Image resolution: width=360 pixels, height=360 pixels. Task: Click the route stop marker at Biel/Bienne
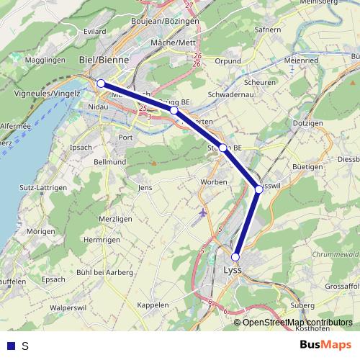pos(102,84)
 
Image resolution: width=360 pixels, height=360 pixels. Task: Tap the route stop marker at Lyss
pos(235,256)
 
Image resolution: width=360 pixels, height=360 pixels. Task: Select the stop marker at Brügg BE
pos(174,111)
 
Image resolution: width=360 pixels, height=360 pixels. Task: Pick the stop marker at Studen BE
pos(223,148)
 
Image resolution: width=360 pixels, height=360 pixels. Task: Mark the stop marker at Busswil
pos(259,189)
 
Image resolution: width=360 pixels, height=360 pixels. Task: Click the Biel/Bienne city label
pos(100,59)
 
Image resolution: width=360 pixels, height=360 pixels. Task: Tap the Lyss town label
pos(233,271)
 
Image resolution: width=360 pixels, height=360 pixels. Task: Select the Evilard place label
pos(94,32)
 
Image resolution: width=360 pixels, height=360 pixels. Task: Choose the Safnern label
pos(267,30)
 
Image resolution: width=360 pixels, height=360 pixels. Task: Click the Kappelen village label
pos(152,305)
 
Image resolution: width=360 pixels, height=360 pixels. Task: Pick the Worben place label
pos(215,181)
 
